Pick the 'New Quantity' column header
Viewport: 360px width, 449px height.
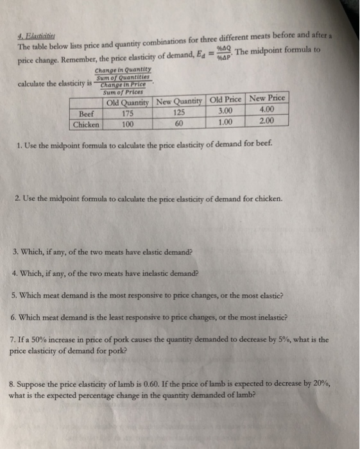coord(178,102)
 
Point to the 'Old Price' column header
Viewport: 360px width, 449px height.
coord(225,101)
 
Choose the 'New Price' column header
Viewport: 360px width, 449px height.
coord(267,99)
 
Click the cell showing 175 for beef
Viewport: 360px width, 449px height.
coord(127,114)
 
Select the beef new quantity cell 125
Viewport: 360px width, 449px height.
coord(178,113)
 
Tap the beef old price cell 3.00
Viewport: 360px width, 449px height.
coord(225,111)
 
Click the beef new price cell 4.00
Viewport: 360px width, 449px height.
coord(268,110)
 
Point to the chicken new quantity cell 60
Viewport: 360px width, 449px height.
coord(178,123)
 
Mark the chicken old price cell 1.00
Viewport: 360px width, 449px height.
coord(225,122)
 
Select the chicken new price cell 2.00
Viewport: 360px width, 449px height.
coord(268,121)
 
